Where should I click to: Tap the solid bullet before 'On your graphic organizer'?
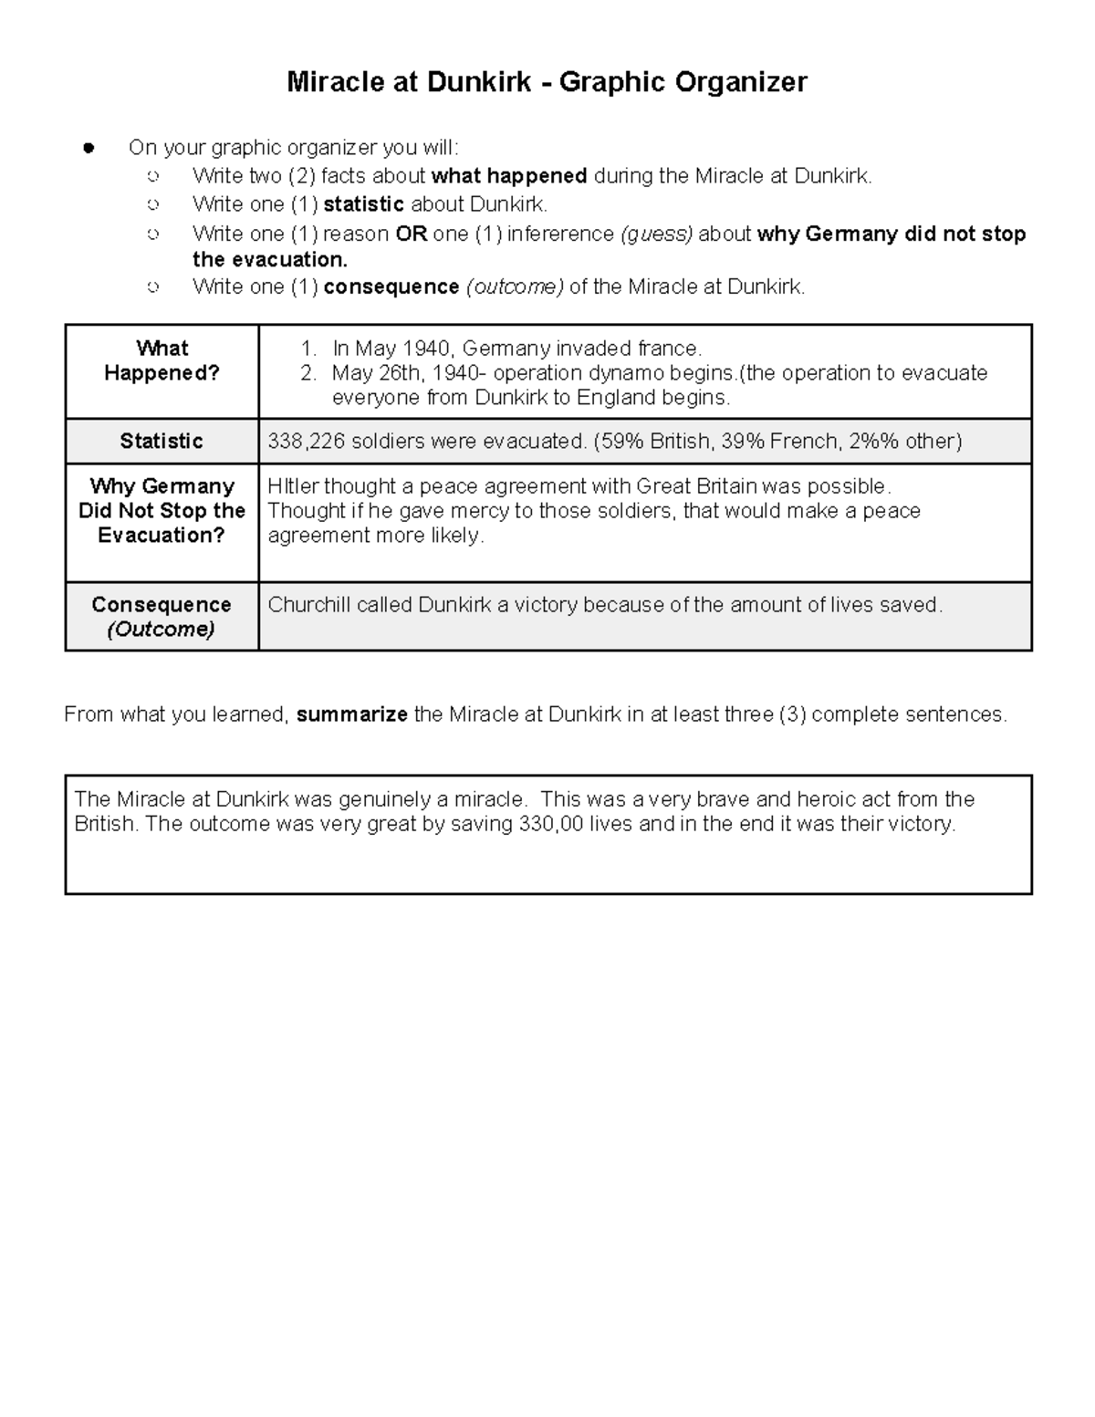tap(89, 148)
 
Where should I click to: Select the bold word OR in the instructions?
tap(412, 234)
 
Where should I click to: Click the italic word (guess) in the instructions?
tap(656, 234)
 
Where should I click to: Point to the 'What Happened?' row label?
tap(162, 360)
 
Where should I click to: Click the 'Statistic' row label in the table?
tap(162, 442)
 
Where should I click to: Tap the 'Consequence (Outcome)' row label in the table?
tap(162, 617)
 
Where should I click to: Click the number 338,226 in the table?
tap(301, 442)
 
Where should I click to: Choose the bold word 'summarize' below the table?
tap(352, 714)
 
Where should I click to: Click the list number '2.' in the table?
tap(309, 373)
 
